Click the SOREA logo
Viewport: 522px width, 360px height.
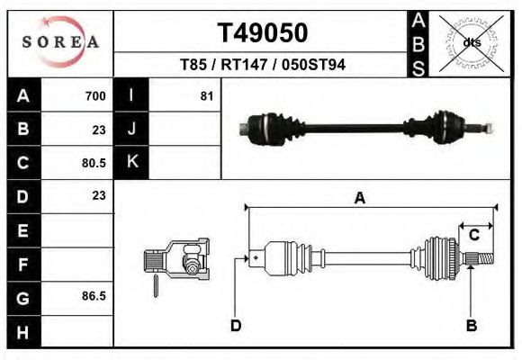[60, 42]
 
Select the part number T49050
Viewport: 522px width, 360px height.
[263, 33]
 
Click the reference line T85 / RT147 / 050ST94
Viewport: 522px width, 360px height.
[263, 65]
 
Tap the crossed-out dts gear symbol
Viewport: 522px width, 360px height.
[472, 41]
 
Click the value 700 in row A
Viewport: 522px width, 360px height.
[94, 96]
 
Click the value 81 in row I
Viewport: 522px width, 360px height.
[206, 96]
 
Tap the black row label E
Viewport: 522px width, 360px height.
[23, 229]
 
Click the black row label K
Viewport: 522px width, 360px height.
[131, 162]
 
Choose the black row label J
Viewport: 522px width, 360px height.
[131, 129]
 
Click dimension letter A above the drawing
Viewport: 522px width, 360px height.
[359, 199]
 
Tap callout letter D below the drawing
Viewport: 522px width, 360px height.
[235, 325]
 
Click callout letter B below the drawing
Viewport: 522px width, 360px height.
[470, 325]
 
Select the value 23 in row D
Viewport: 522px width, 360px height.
[98, 195]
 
